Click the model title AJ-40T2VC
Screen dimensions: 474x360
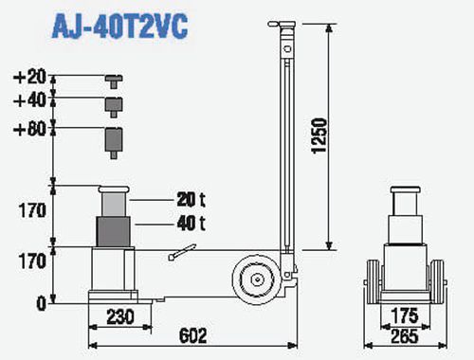tap(119, 27)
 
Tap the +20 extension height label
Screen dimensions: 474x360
tap(30, 77)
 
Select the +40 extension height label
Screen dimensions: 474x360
tap(30, 100)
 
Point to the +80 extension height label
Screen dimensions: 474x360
tap(30, 129)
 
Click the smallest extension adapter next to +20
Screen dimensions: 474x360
tap(114, 81)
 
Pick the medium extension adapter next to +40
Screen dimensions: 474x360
tap(114, 107)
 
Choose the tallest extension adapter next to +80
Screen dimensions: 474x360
tap(114, 143)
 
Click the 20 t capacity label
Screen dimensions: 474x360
tap(191, 200)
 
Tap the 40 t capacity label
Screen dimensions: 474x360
tap(191, 224)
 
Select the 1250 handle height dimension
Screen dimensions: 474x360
tap(319, 135)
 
